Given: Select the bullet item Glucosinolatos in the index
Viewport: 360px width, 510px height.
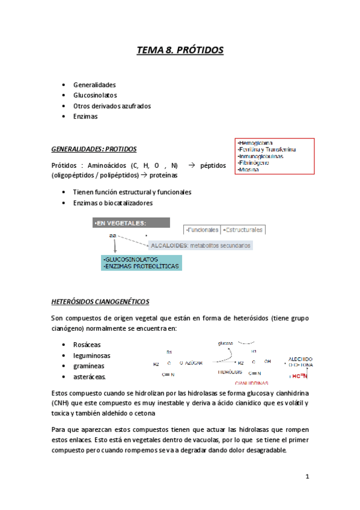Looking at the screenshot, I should coord(95,95).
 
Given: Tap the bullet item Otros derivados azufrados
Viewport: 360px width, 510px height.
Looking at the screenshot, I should coord(112,106).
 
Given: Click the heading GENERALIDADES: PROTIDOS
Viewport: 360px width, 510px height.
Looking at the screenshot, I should coord(94,149).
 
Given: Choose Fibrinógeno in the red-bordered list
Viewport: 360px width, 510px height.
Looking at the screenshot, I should coord(254,163).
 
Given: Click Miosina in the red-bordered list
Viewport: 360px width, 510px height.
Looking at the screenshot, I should coord(248,170).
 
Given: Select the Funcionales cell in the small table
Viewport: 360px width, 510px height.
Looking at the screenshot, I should coord(203,230).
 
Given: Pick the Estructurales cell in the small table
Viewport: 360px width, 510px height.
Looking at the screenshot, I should coord(243,230).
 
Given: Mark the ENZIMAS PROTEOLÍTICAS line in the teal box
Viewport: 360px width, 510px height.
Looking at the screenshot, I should coord(142,265).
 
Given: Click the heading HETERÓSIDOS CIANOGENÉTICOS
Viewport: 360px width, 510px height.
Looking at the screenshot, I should coord(100,301).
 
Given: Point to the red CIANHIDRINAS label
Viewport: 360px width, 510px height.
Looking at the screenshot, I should coord(252,382).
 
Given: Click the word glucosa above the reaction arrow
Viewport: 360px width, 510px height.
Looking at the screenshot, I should coord(225,343).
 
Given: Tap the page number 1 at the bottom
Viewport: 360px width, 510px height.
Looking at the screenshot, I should coord(307,478).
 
